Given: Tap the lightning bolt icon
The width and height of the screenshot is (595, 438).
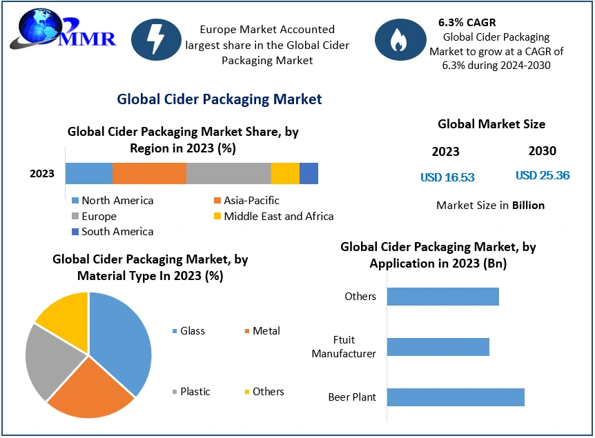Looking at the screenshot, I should (x=156, y=39).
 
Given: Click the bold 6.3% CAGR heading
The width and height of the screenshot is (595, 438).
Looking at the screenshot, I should (x=467, y=23).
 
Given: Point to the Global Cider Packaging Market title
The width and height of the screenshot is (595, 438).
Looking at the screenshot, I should (x=220, y=99).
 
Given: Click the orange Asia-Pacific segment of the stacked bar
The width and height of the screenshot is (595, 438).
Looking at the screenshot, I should (x=149, y=174).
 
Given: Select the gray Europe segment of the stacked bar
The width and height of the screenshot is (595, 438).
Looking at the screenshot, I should (x=228, y=174).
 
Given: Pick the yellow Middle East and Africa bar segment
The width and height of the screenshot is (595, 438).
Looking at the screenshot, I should (x=285, y=174).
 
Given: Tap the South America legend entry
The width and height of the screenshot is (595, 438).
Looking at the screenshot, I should (x=112, y=232).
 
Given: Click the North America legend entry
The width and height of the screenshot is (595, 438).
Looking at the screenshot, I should (x=112, y=201).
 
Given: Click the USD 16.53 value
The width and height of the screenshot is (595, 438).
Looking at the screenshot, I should (x=447, y=177).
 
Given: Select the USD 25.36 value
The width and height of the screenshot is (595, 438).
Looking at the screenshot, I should (x=543, y=175).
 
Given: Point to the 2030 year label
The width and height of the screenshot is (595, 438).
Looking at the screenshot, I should (x=542, y=151).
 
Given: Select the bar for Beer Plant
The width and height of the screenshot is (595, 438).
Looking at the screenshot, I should (x=456, y=397).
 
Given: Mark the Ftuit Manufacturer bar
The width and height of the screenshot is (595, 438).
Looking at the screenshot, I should (x=438, y=347).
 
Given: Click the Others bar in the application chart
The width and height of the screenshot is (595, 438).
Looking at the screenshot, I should (x=442, y=297).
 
